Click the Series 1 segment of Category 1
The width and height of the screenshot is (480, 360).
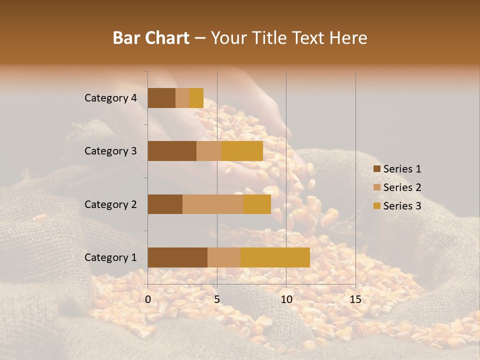point(177,257)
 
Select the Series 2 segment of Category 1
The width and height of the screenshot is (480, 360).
point(224,257)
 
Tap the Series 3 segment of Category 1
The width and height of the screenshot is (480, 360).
point(275,257)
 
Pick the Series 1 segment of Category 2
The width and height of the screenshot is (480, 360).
point(165,204)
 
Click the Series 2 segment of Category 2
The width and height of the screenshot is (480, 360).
point(213,204)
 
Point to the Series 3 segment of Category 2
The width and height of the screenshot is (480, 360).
point(257,204)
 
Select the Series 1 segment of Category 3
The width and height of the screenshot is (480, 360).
point(172,151)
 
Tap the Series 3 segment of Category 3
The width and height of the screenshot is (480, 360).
point(242,151)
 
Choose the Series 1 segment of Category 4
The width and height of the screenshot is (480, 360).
point(161,98)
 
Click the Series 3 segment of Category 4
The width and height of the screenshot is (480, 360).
point(196,98)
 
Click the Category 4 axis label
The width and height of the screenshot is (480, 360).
point(110,98)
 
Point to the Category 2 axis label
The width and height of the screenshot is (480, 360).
point(110,204)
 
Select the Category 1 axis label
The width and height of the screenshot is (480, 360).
point(110,257)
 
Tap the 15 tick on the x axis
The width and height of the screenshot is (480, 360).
point(355,299)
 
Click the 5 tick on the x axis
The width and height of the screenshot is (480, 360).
point(217,299)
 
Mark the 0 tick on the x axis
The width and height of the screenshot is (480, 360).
point(148,299)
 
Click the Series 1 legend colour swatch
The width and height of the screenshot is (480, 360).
point(377,169)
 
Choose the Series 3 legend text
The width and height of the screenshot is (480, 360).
point(402,205)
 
